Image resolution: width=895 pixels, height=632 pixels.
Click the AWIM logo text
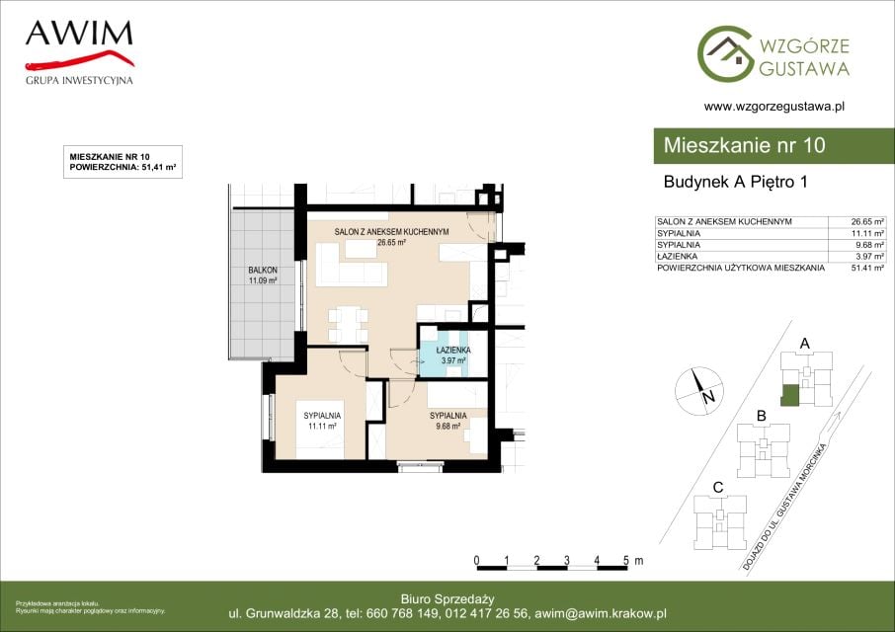click(x=79, y=34)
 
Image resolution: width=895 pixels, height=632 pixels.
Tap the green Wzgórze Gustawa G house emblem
click(x=725, y=52)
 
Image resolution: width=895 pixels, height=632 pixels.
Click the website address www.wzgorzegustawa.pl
click(x=774, y=106)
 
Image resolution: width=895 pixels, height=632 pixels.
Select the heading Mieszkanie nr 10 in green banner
click(x=744, y=145)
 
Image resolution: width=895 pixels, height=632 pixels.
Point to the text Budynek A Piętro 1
click(x=735, y=182)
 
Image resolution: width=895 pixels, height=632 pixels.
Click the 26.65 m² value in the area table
click(x=867, y=222)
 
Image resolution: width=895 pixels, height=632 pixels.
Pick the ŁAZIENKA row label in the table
click(x=677, y=256)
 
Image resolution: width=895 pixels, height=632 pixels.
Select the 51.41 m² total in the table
click(x=867, y=268)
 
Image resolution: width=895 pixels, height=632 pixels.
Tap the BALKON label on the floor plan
click(x=263, y=270)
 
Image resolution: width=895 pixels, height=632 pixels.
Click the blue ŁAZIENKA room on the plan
click(x=445, y=351)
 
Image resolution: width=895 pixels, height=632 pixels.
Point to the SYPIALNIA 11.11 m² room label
click(x=322, y=421)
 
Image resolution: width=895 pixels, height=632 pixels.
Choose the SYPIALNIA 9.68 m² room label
click(x=448, y=421)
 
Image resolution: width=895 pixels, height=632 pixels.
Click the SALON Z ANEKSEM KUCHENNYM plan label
click(x=391, y=232)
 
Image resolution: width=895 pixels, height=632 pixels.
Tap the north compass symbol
click(x=699, y=391)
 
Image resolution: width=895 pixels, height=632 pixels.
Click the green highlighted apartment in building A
click(x=789, y=396)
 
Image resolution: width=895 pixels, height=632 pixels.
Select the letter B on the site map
click(x=761, y=417)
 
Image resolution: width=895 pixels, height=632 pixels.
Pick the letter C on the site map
click(x=718, y=488)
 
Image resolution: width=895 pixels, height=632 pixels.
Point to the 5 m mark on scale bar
click(x=626, y=561)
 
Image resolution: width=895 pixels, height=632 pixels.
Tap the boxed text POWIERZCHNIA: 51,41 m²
click(x=122, y=168)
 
